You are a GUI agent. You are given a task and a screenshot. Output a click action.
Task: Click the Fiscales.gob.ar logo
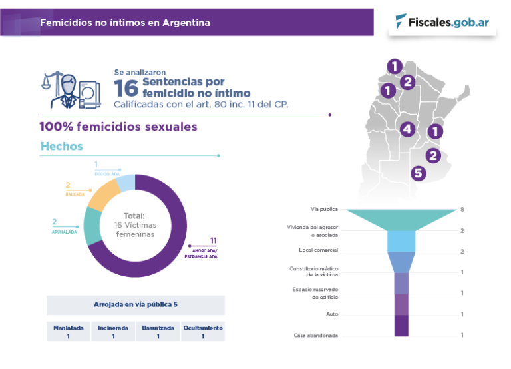point(442,22)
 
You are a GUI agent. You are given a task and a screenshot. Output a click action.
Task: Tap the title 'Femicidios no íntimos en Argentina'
point(125,23)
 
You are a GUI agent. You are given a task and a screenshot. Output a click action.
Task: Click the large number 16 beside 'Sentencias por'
point(126,87)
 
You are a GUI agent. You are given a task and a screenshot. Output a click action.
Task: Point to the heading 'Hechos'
point(62,146)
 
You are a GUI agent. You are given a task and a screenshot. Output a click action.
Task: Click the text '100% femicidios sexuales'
point(118,127)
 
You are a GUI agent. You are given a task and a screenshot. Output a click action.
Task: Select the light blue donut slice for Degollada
point(126,183)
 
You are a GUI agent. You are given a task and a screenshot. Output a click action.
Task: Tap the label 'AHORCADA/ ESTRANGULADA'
point(200,253)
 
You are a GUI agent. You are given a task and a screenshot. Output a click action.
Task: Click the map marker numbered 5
point(418,173)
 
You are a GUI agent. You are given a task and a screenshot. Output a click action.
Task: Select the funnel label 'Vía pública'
point(324,209)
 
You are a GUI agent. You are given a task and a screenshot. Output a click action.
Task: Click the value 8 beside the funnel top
point(462,210)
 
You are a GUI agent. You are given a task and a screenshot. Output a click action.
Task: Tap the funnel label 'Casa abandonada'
point(315,335)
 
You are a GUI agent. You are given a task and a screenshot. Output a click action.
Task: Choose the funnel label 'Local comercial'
point(318,250)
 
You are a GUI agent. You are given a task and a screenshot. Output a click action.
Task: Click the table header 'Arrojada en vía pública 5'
point(136,304)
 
